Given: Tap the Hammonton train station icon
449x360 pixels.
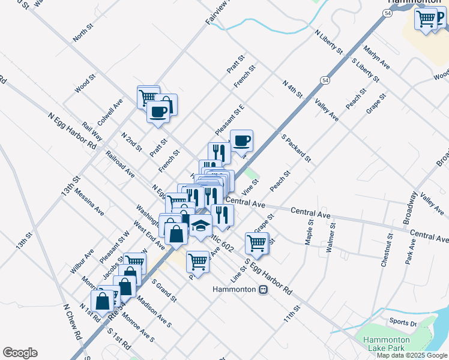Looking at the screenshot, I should [x=262, y=290].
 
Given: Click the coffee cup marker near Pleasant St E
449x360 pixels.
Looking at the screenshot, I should [x=241, y=142].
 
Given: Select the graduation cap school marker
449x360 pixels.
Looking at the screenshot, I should [x=201, y=226].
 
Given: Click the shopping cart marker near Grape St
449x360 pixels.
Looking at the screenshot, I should [x=256, y=243].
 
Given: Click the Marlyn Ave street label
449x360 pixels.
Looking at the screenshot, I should [x=377, y=56].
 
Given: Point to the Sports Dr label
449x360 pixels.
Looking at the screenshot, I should [x=403, y=322].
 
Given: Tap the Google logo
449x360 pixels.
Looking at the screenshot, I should [x=20, y=353].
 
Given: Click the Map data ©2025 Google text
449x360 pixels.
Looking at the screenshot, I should [x=412, y=355].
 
